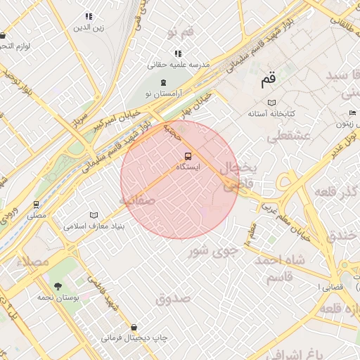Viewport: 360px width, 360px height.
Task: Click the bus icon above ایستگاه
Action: point(187,156)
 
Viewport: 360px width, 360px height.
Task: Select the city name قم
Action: point(268,80)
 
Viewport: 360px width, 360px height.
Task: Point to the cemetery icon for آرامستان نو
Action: point(163,83)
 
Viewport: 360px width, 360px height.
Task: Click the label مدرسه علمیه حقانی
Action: point(179,64)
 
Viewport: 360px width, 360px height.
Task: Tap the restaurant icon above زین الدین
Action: point(89,16)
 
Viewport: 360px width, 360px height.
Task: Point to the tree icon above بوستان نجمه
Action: point(58,286)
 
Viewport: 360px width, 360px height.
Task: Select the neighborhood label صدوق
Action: point(173,299)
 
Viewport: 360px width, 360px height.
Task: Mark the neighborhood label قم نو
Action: point(180,33)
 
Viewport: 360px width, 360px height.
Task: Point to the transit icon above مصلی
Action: point(36,205)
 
